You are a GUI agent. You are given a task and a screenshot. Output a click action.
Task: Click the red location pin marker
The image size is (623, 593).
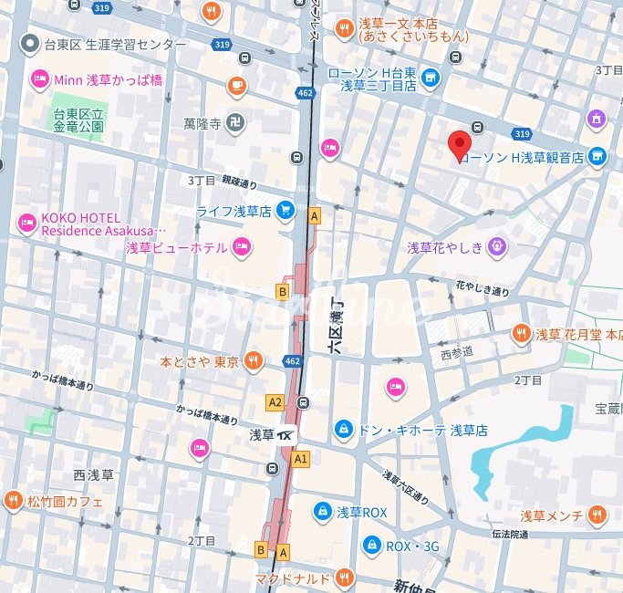(461, 145)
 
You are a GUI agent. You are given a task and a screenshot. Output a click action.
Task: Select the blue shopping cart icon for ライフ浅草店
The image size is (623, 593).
(286, 210)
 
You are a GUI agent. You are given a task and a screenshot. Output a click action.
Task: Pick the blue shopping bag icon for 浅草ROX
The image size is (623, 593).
(322, 512)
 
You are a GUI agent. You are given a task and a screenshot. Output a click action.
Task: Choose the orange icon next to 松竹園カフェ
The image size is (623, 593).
(13, 500)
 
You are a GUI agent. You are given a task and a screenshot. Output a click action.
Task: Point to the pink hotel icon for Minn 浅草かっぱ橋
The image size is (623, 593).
(39, 80)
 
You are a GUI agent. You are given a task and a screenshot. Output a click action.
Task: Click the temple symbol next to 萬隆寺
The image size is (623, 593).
(236, 122)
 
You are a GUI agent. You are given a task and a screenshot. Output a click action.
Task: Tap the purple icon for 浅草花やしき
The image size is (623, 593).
(496, 245)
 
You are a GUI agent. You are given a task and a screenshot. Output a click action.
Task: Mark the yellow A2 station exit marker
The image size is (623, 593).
(275, 401)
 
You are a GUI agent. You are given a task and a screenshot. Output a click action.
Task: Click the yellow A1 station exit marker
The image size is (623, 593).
(301, 458)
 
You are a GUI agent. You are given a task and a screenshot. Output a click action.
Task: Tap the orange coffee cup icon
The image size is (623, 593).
(237, 86)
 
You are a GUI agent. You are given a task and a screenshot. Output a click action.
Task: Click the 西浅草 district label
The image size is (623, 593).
(93, 474)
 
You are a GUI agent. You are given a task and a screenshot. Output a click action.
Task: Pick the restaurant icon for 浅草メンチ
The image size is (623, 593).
(597, 515)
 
